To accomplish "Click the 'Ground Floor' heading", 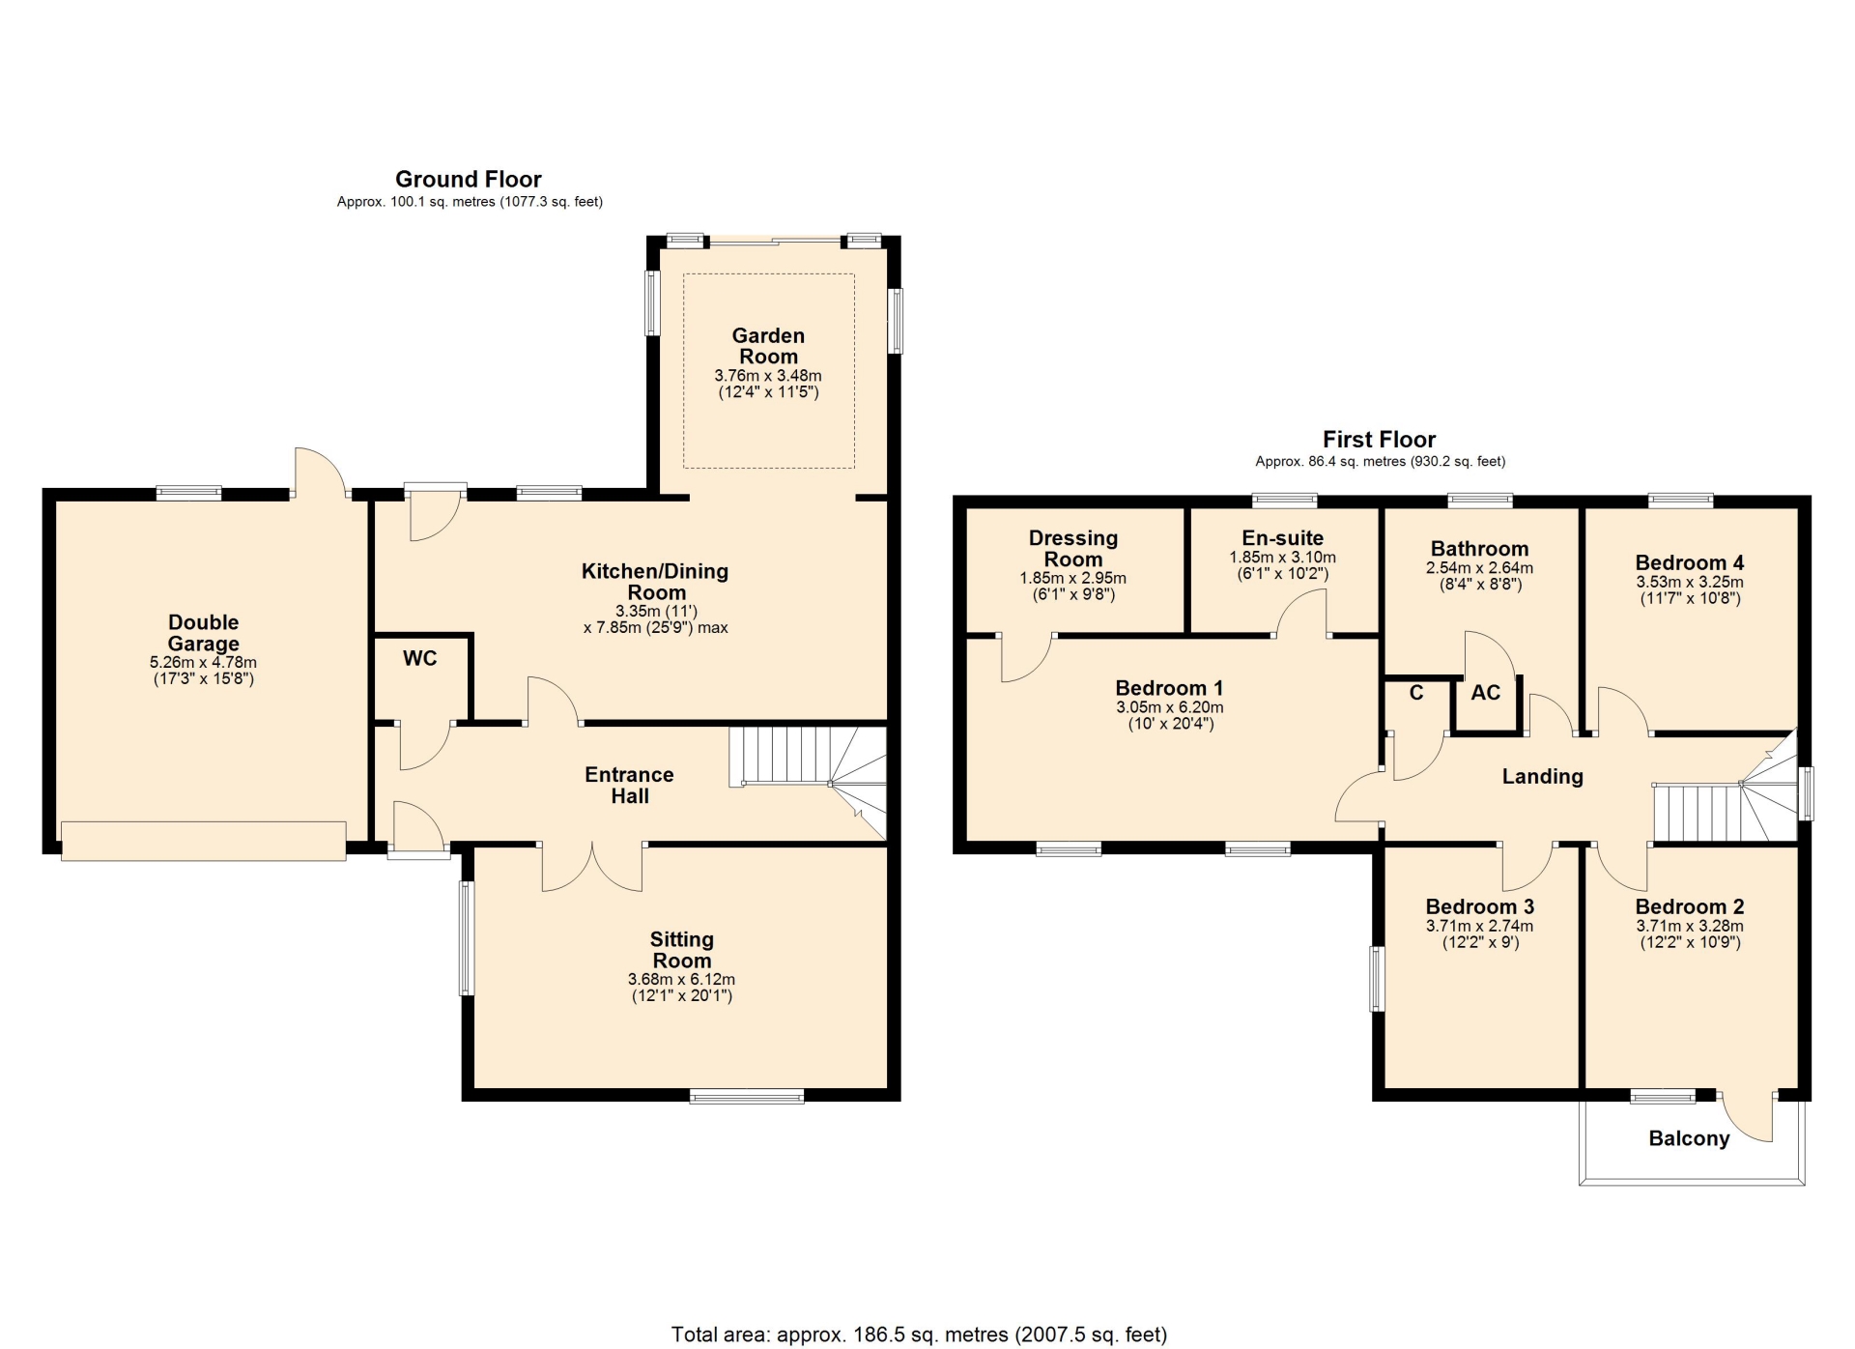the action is coord(469,179).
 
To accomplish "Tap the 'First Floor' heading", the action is coord(1379,440).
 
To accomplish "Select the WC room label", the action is coord(420,658).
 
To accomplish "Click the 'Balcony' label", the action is coord(1689,1138).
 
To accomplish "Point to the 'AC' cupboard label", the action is coord(1486,692).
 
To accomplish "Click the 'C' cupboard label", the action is coord(1416,692).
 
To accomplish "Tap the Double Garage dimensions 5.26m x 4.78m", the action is coord(203,663).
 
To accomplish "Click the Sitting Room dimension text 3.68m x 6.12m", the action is coord(681,979).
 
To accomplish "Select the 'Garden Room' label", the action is coord(768,346).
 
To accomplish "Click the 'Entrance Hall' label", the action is coord(629,785).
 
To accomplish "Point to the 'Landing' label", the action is coord(1542,776).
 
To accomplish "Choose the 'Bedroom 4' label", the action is coord(1690,562).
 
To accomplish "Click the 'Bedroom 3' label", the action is coord(1480,906).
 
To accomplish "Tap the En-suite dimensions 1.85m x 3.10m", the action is coord(1283,558).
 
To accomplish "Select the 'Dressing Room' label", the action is coord(1073,548).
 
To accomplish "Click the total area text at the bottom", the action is coord(920,1335).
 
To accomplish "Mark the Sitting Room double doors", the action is coord(592,866).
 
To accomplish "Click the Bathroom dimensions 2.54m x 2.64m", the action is coord(1479,568).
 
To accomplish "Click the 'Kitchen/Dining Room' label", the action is coord(655,582).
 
